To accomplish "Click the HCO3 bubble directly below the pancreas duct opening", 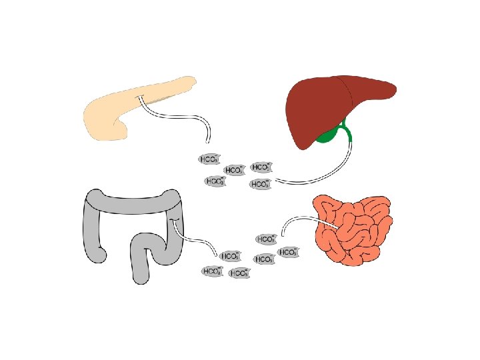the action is tap(209, 159).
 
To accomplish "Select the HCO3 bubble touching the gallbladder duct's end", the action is tap(261, 184).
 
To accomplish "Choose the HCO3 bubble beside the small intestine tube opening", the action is tap(267, 239).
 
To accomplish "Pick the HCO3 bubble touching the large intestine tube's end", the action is tap(230, 256).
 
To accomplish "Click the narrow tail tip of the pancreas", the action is tap(193, 81).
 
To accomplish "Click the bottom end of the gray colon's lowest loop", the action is tap(139, 279).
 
